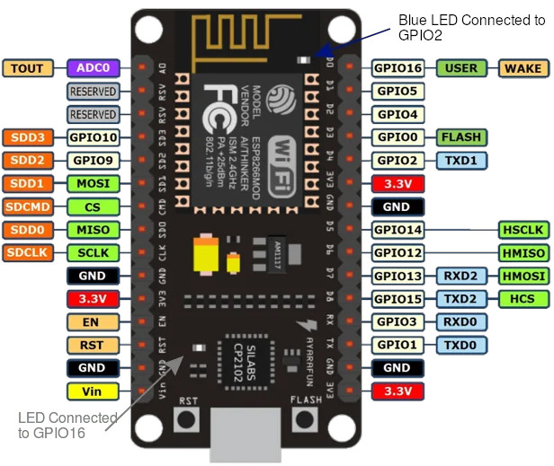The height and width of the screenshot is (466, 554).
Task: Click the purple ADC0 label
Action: coord(93,67)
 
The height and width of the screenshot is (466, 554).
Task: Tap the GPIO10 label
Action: coord(93,137)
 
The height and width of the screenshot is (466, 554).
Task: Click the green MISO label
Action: coord(93,231)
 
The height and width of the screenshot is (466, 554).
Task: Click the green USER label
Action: coord(461,67)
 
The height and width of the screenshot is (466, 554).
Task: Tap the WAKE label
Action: coord(523,67)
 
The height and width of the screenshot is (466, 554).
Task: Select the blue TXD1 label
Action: coord(461,161)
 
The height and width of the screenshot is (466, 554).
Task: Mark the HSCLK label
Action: coord(523,231)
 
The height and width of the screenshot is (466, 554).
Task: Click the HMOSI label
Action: coord(523,277)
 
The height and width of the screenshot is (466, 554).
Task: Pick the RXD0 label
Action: coord(461,321)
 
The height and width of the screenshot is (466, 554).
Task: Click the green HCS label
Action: coord(523,298)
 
